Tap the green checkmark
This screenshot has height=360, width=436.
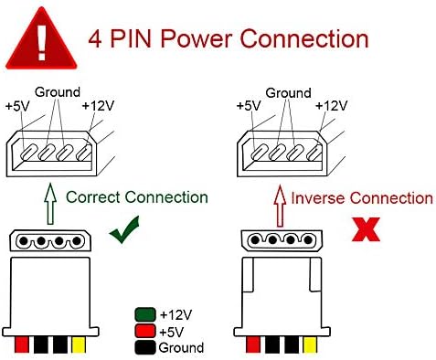point(124,229)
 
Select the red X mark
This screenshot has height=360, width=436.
point(366,229)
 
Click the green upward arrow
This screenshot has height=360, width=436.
point(50,204)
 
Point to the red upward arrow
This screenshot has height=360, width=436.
point(280,206)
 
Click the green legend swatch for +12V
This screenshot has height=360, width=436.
point(145,314)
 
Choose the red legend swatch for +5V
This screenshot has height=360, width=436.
point(145,331)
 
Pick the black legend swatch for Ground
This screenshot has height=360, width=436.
point(145,347)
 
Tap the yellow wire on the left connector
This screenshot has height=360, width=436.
point(79,344)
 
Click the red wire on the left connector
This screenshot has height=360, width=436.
point(22,344)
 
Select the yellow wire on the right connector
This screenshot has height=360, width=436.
point(310,344)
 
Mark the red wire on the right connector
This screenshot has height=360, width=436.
point(253,344)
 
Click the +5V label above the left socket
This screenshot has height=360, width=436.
point(17,106)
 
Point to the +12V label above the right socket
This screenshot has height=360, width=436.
point(331,106)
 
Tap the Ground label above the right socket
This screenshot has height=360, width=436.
point(288,93)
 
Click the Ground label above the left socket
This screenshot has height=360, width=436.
point(58,92)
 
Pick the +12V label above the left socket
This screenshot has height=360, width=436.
point(98,106)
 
